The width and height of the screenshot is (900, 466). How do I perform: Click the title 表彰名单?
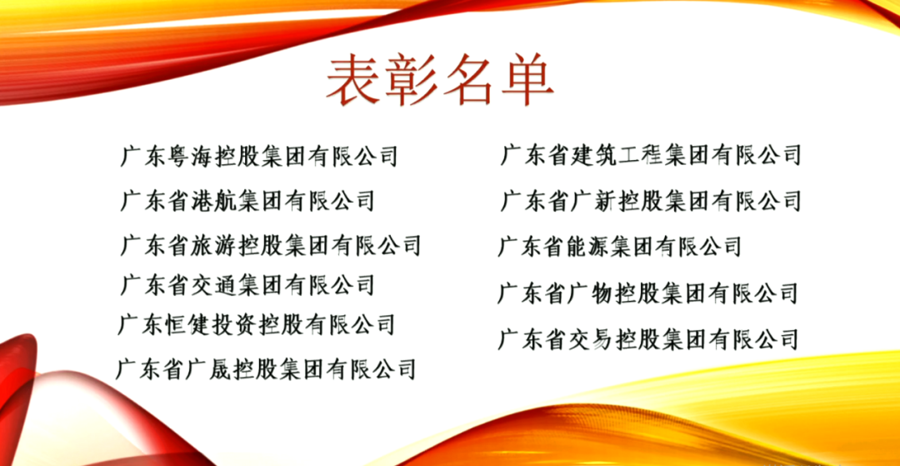(440, 82)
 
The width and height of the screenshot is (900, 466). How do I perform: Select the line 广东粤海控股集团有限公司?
(259, 156)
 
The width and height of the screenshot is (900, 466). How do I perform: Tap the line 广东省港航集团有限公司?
(247, 201)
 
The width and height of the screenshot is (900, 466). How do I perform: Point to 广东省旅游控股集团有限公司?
(271, 246)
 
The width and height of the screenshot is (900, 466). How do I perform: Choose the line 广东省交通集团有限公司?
(247, 285)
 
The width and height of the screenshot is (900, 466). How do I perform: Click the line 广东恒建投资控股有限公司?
(257, 324)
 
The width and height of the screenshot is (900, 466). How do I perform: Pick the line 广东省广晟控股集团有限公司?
(266, 368)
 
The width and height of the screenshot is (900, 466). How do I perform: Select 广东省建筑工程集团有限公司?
(651, 155)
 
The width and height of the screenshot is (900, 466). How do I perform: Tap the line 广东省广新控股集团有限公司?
(651, 201)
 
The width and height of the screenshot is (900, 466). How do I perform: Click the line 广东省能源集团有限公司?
(620, 247)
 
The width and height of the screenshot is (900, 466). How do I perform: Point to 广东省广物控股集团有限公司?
(648, 293)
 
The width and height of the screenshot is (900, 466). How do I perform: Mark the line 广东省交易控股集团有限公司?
(648, 339)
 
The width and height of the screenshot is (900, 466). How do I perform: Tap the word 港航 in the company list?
(212, 201)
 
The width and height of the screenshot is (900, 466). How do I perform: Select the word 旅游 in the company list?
(212, 246)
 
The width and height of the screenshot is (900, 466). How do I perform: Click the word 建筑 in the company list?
(591, 155)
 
